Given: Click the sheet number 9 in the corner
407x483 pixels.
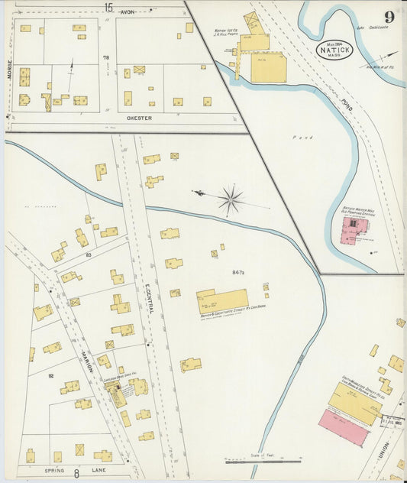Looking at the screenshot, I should (389, 17).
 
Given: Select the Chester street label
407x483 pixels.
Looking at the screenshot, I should (139, 118).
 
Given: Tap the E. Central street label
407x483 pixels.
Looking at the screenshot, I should (147, 295).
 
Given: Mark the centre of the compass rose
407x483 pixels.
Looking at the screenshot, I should (230, 200).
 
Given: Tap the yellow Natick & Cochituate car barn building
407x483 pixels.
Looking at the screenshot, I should (222, 300).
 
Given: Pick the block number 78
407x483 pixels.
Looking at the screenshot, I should (106, 58).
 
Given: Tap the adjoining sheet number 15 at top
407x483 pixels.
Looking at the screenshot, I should (108, 7).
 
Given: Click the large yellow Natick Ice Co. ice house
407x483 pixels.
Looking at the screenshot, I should (269, 67).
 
